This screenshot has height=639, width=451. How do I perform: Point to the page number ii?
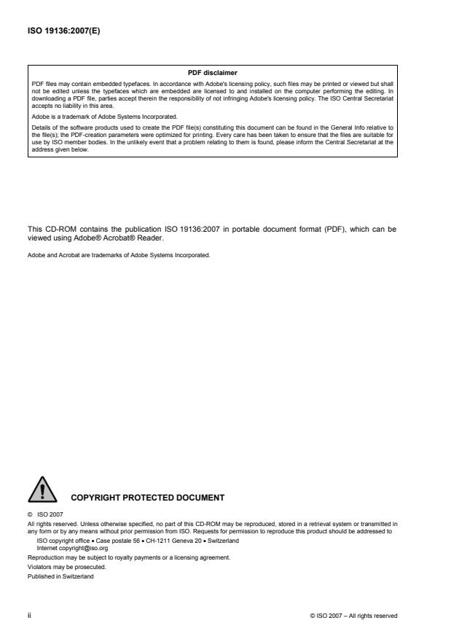(28, 616)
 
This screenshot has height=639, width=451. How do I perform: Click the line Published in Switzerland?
(58, 576)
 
